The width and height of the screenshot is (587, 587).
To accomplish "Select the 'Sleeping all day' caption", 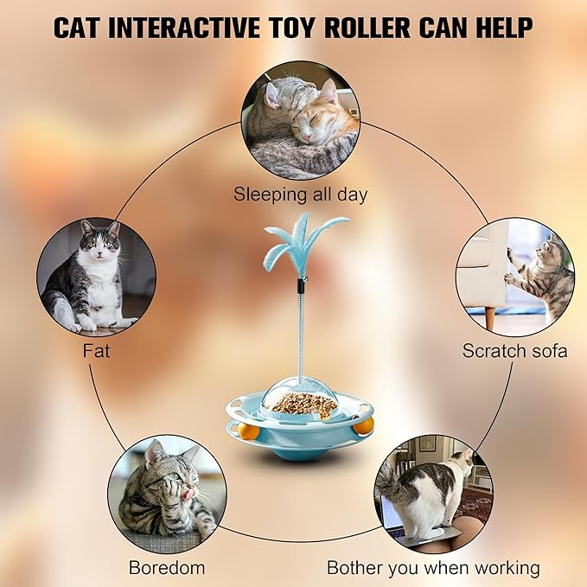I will (x=300, y=195).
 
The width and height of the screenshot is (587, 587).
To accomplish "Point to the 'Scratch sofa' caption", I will (x=514, y=351).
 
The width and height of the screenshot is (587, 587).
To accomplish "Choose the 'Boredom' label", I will (x=167, y=568).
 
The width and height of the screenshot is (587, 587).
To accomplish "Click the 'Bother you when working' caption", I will (x=433, y=568).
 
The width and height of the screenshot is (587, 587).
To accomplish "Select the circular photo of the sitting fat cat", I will (x=96, y=276).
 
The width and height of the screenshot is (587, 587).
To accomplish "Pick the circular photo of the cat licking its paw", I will (x=167, y=494).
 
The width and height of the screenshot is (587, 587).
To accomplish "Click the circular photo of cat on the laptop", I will (x=433, y=494).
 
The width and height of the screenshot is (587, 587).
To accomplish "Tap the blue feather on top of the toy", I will (x=303, y=242).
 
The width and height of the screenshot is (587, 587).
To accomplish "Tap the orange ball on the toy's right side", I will (x=365, y=425).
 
